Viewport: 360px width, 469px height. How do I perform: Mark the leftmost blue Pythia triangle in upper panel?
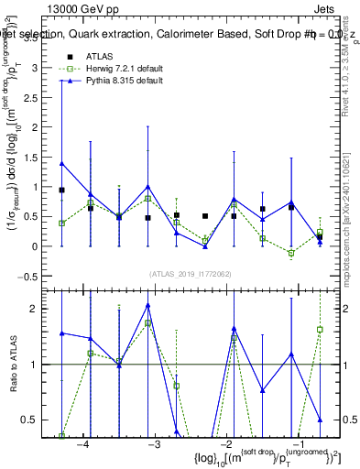pyautogui.click(x=61, y=164)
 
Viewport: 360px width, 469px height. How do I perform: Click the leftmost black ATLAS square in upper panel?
pyautogui.click(x=61, y=190)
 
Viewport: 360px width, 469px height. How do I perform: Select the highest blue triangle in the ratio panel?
pyautogui.click(x=147, y=305)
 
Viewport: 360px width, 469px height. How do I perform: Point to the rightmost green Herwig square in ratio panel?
pyautogui.click(x=320, y=329)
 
